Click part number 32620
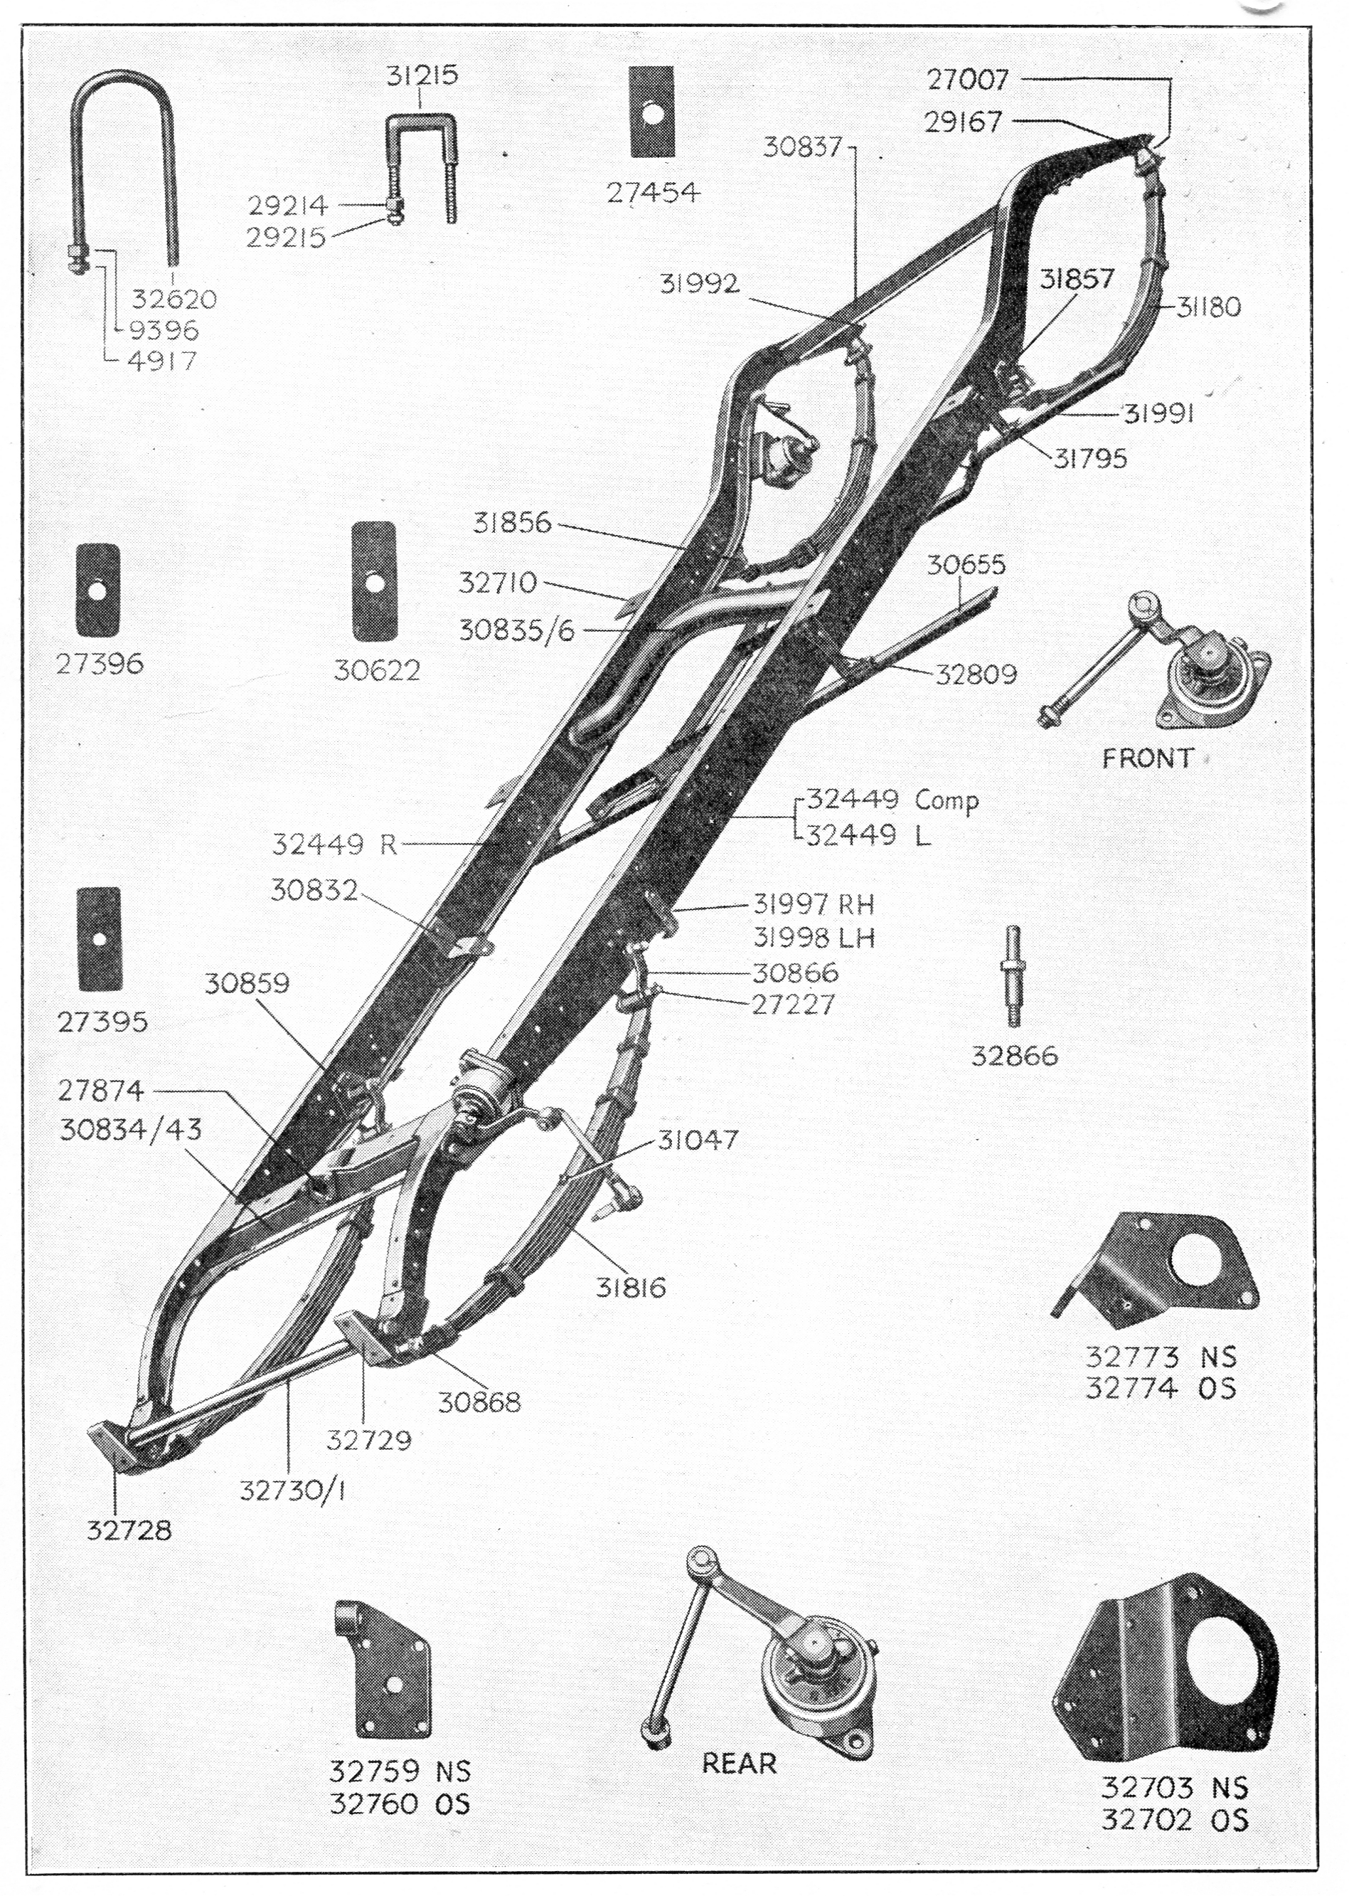pyautogui.click(x=174, y=298)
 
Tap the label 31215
pyautogui.click(x=422, y=75)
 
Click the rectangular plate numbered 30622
pyautogui.click(x=375, y=581)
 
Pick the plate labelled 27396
pyautogui.click(x=98, y=593)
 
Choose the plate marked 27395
pyautogui.click(x=99, y=939)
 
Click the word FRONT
pyautogui.click(x=1147, y=758)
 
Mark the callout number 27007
pyautogui.click(x=969, y=80)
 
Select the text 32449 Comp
pyautogui.click(x=893, y=800)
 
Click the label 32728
pyautogui.click(x=129, y=1530)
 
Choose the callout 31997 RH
pyautogui.click(x=814, y=904)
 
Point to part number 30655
pyautogui.click(x=966, y=565)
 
